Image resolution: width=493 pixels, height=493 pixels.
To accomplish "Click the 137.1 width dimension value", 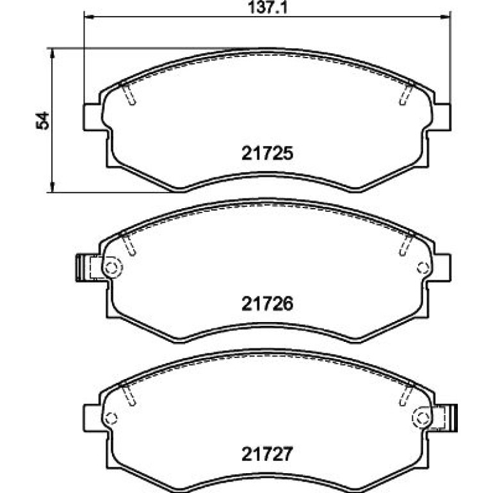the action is [268, 8].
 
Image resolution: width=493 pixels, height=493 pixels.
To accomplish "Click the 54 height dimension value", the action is [43, 120].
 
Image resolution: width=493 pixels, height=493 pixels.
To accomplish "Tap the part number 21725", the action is [267, 154].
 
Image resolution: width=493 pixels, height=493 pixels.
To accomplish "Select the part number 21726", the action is [267, 303].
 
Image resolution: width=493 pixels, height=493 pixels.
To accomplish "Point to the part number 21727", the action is [267, 454].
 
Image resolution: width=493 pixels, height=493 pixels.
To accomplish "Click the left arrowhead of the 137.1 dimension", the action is [89, 17].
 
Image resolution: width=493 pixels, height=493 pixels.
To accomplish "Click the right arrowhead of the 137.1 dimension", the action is [445, 17].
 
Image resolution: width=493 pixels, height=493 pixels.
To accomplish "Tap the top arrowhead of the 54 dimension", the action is [53, 54].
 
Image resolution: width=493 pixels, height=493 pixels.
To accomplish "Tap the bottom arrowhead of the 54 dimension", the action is [53, 187].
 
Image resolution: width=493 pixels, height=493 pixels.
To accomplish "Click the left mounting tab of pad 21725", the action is [93, 117].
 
